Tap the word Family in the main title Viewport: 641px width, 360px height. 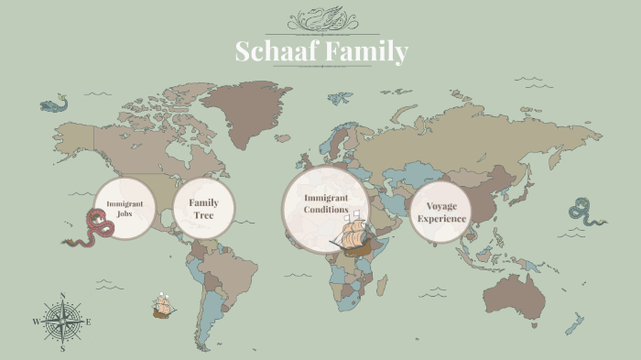tap(365, 52)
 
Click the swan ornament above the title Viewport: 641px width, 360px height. tap(320, 19)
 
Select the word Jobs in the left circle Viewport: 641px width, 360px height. tap(125, 213)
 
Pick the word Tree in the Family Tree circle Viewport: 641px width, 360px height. tap(203, 214)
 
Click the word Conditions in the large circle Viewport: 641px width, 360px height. tap(326, 210)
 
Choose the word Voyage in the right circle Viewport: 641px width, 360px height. tap(442, 206)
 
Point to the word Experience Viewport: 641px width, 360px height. tap(442, 219)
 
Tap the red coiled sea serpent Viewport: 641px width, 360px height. tap(93, 228)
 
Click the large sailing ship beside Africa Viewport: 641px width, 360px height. tap(353, 236)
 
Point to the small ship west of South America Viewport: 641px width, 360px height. tap(164, 306)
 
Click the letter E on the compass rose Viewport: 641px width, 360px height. tap(88, 322)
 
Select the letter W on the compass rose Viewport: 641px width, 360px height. tap(37, 322)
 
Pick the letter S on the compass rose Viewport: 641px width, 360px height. tap(62, 348)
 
